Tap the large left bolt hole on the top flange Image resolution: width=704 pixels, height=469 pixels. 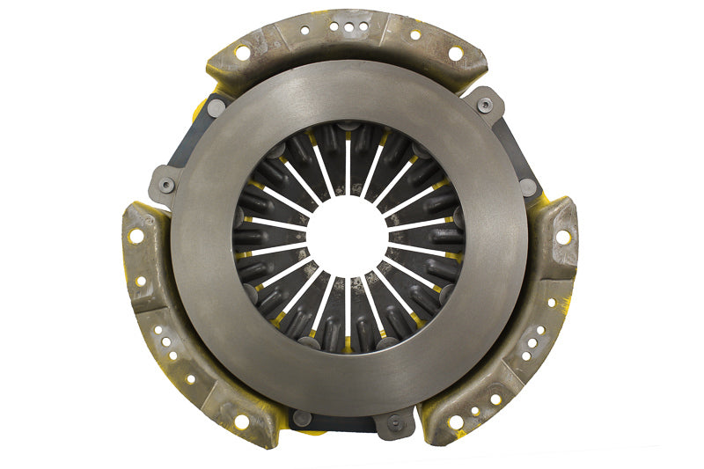pos(242,53)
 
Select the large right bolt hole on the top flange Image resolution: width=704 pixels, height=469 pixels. pos(455,54)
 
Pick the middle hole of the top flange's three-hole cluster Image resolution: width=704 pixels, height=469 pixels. pos(349,26)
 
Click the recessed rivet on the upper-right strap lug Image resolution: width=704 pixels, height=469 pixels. pos(485,105)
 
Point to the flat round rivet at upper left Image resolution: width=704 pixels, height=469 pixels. pos(216,107)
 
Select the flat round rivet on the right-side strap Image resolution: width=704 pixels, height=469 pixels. pos(527,187)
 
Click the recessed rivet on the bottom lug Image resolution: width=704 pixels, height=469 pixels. pos(393,422)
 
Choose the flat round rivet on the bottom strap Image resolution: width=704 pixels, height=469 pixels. pos(303,420)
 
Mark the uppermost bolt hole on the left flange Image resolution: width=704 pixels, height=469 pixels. pos(136,236)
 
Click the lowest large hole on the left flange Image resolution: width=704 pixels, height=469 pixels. pos(241,421)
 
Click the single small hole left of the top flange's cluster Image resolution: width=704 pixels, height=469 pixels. pos(304,29)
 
